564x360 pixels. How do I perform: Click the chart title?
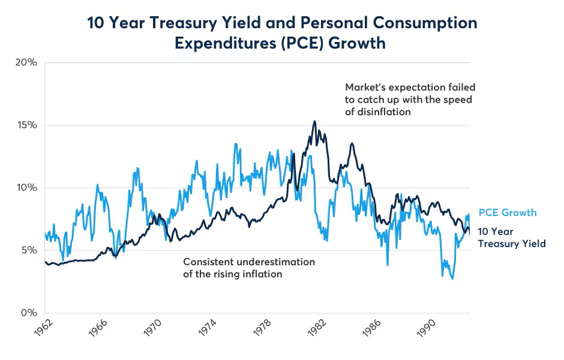[282, 32]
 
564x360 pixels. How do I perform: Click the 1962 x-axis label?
[37, 329]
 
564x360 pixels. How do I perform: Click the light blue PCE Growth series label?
[507, 213]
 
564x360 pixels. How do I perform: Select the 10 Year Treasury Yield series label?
[511, 238]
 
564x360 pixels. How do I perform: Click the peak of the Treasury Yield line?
[314, 121]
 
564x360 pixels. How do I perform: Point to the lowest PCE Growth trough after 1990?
[452, 279]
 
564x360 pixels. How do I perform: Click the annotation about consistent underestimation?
[248, 268]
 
